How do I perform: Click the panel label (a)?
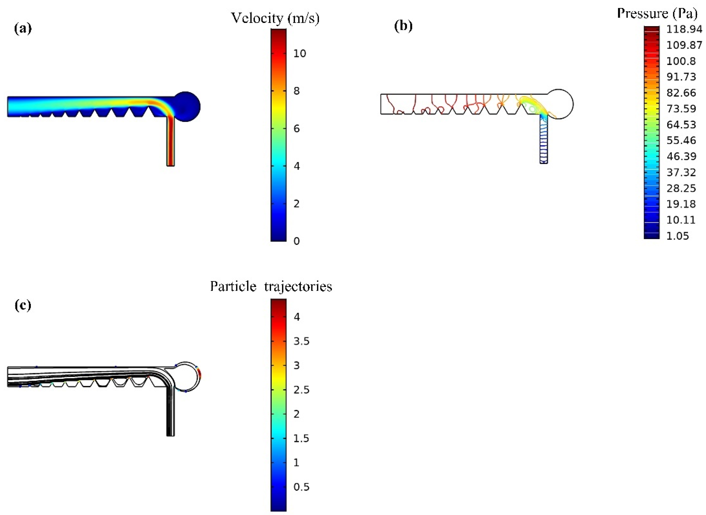tap(23, 29)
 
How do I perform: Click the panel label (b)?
tap(403, 26)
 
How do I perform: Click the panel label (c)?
tap(23, 305)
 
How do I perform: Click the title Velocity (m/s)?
tap(275, 18)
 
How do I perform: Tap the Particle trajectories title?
tap(271, 286)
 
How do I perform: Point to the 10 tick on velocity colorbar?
tap(300, 54)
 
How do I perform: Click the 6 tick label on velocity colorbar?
tap(297, 129)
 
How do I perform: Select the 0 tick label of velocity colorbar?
tap(297, 241)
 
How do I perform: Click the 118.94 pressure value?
tap(684, 29)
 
